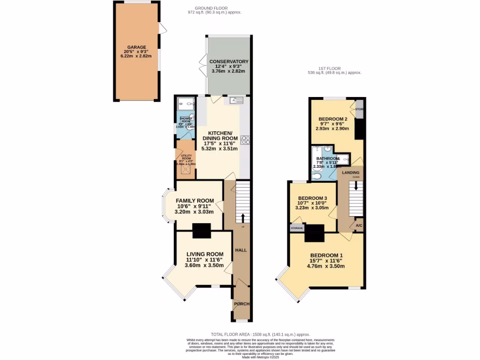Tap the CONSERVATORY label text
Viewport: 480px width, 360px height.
point(229,62)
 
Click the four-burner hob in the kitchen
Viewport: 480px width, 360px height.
point(246,140)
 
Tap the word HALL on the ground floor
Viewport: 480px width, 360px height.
point(241,250)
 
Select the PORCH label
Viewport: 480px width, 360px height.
point(241,304)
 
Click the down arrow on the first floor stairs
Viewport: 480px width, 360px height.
point(356,185)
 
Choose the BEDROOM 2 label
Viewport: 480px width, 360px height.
point(332,119)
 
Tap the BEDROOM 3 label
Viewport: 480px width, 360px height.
point(313,198)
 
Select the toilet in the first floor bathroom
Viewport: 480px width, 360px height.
point(317,176)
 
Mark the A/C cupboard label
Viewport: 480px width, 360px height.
point(359,226)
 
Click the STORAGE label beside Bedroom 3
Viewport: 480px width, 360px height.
point(297,228)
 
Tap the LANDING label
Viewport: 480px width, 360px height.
point(351,172)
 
